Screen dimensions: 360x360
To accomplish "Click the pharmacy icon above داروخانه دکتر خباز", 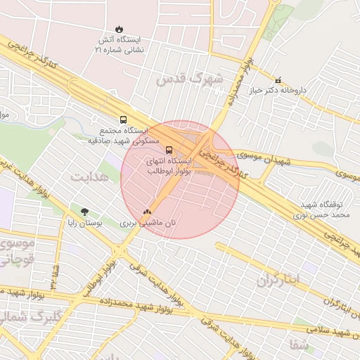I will point(279,80).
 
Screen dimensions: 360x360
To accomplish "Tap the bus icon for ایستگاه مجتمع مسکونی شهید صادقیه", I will point(124,120).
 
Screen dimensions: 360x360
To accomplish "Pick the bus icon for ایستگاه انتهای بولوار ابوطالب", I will point(169,150).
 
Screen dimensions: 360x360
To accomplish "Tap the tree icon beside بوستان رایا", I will point(85,211).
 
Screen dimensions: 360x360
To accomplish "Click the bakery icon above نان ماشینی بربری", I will point(147,211).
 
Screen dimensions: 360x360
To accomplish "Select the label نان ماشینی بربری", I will point(149,222).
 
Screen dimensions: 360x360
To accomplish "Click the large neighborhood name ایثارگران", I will point(277,279).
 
